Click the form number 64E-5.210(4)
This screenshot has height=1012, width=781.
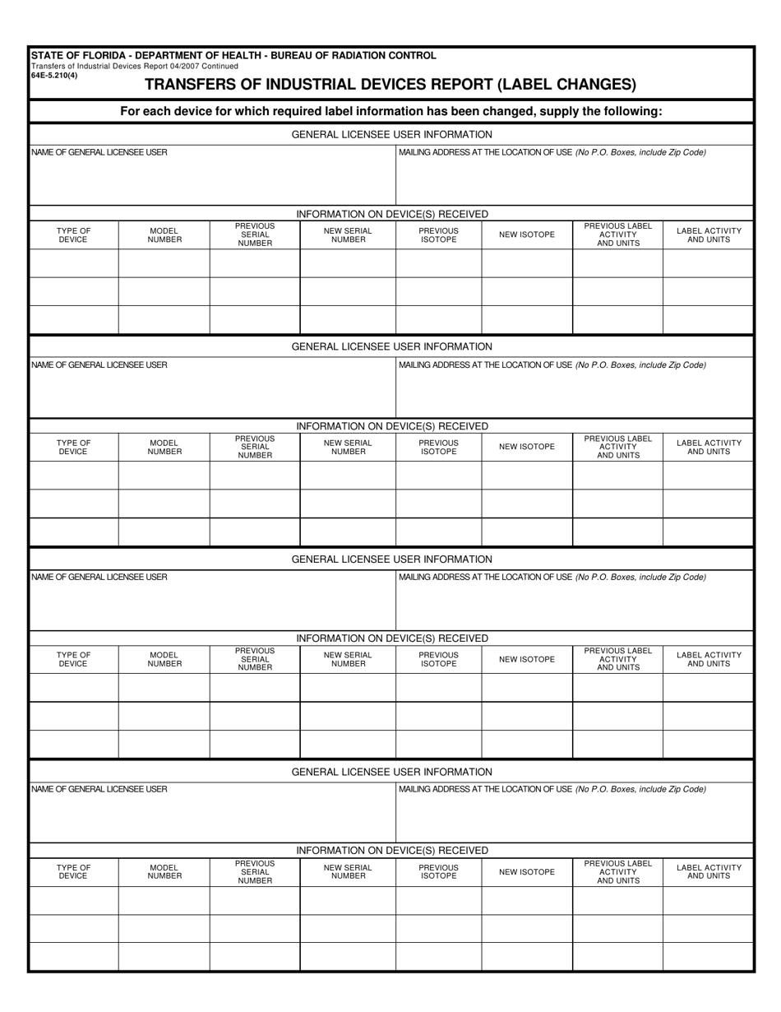53,75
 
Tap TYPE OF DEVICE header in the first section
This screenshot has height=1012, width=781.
73,234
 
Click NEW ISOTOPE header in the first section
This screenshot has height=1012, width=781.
526,234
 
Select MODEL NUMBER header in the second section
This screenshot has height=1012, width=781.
164,447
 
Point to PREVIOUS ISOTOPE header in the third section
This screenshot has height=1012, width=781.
438,659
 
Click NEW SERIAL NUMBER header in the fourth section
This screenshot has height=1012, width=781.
348,871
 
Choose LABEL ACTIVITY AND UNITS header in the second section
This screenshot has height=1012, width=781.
708,447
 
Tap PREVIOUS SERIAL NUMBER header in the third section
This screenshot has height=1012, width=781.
254,659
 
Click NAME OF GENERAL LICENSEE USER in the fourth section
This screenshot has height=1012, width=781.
99,789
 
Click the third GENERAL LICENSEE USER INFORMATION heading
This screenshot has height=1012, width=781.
391,559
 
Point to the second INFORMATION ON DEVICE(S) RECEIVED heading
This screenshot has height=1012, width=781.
391,426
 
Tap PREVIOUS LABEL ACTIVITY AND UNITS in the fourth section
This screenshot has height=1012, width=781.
617,871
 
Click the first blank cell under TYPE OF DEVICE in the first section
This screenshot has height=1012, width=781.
73,263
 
